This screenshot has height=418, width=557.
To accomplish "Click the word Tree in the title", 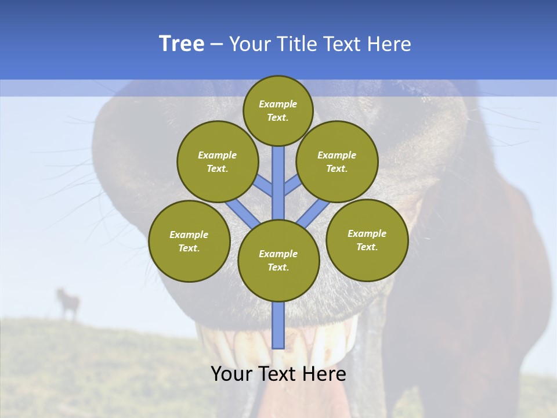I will (182, 44).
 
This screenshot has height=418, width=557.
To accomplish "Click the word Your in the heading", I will (251, 44).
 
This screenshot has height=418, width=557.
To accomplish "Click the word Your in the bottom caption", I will (232, 374).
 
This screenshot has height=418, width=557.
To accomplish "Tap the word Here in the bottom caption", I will (325, 374).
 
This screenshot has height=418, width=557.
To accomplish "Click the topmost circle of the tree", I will (278, 110).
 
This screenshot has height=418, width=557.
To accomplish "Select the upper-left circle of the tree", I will (218, 161).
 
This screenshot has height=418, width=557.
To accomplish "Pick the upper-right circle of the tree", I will (337, 161).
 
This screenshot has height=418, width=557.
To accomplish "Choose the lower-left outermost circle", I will (189, 241).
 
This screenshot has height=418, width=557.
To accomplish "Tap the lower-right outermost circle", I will (367, 240).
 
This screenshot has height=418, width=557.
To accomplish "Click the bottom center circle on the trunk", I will (278, 261).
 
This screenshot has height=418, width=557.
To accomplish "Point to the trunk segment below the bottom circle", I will (278, 325).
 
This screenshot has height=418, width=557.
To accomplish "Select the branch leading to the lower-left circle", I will (243, 214).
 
